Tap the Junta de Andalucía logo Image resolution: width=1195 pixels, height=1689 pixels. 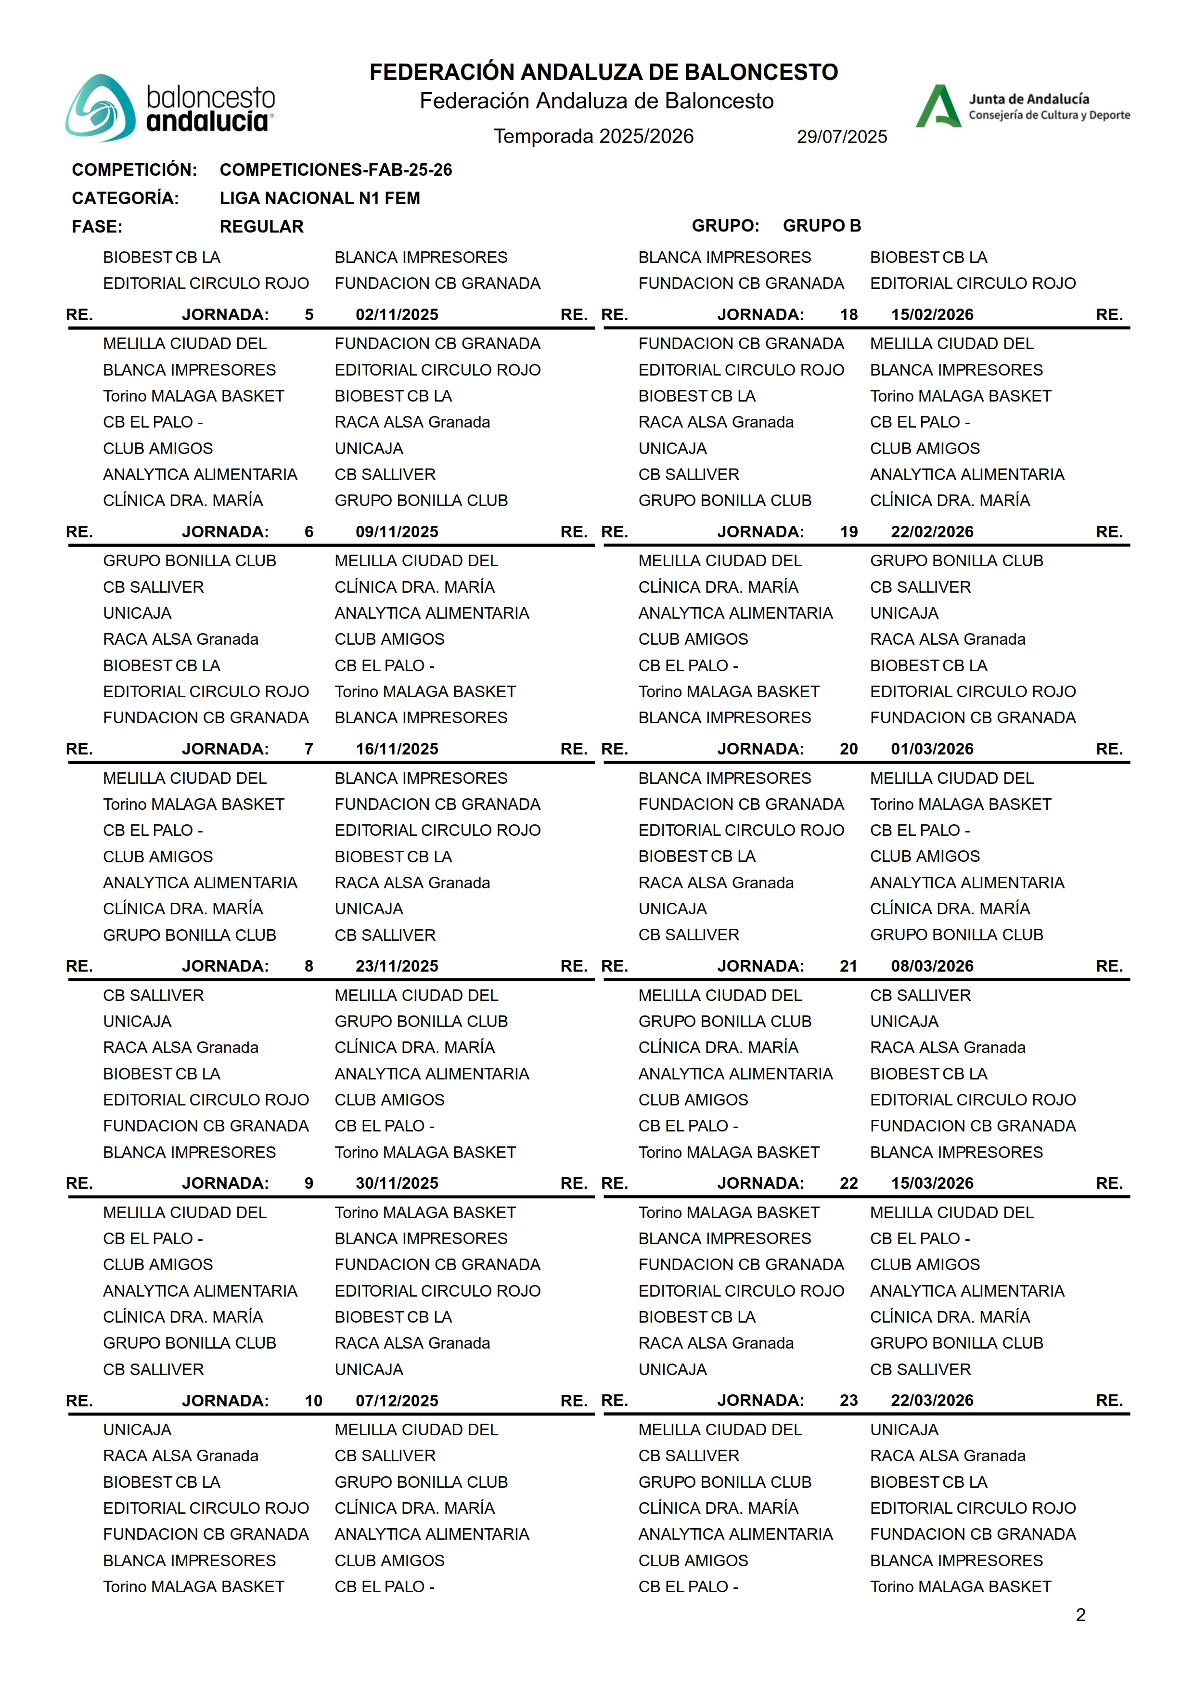(x=1022, y=107)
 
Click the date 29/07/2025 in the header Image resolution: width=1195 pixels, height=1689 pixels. (x=842, y=137)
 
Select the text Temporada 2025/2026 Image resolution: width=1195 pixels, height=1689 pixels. (x=593, y=136)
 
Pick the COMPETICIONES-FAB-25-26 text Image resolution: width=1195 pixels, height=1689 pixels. (x=335, y=170)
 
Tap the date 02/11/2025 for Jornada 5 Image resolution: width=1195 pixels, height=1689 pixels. (x=397, y=315)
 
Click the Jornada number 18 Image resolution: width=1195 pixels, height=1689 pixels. (x=848, y=315)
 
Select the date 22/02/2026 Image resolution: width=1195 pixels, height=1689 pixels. (x=932, y=532)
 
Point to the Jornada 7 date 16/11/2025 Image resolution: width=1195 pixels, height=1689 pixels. (x=397, y=749)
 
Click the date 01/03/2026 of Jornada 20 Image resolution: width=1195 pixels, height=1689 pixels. (x=932, y=749)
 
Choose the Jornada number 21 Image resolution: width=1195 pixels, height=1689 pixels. (x=848, y=966)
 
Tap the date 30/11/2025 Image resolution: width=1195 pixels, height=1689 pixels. (x=397, y=1183)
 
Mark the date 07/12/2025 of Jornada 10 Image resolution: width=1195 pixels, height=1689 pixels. (x=397, y=1401)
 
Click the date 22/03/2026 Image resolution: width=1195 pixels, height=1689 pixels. (x=932, y=1401)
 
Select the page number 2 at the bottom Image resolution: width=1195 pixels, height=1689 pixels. (x=1080, y=1615)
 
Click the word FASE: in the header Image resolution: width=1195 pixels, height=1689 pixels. (x=97, y=227)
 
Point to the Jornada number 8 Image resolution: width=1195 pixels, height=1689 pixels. (x=309, y=966)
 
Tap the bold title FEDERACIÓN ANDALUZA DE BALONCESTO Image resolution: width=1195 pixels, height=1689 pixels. (x=604, y=72)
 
